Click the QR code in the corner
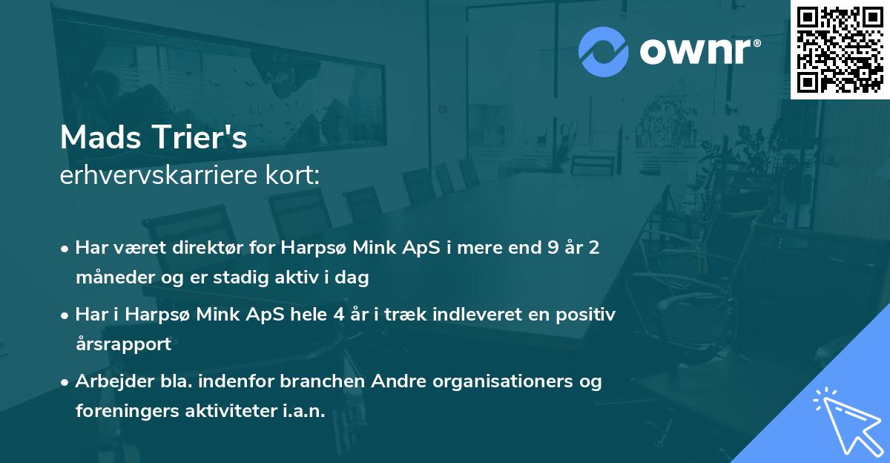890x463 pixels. pyautogui.click(x=840, y=49)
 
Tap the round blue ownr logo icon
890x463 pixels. pyautogui.click(x=603, y=51)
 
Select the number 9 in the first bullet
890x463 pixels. pyautogui.click(x=553, y=247)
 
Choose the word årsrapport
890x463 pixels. pyautogui.click(x=123, y=344)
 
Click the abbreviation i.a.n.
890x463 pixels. pyautogui.click(x=302, y=412)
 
